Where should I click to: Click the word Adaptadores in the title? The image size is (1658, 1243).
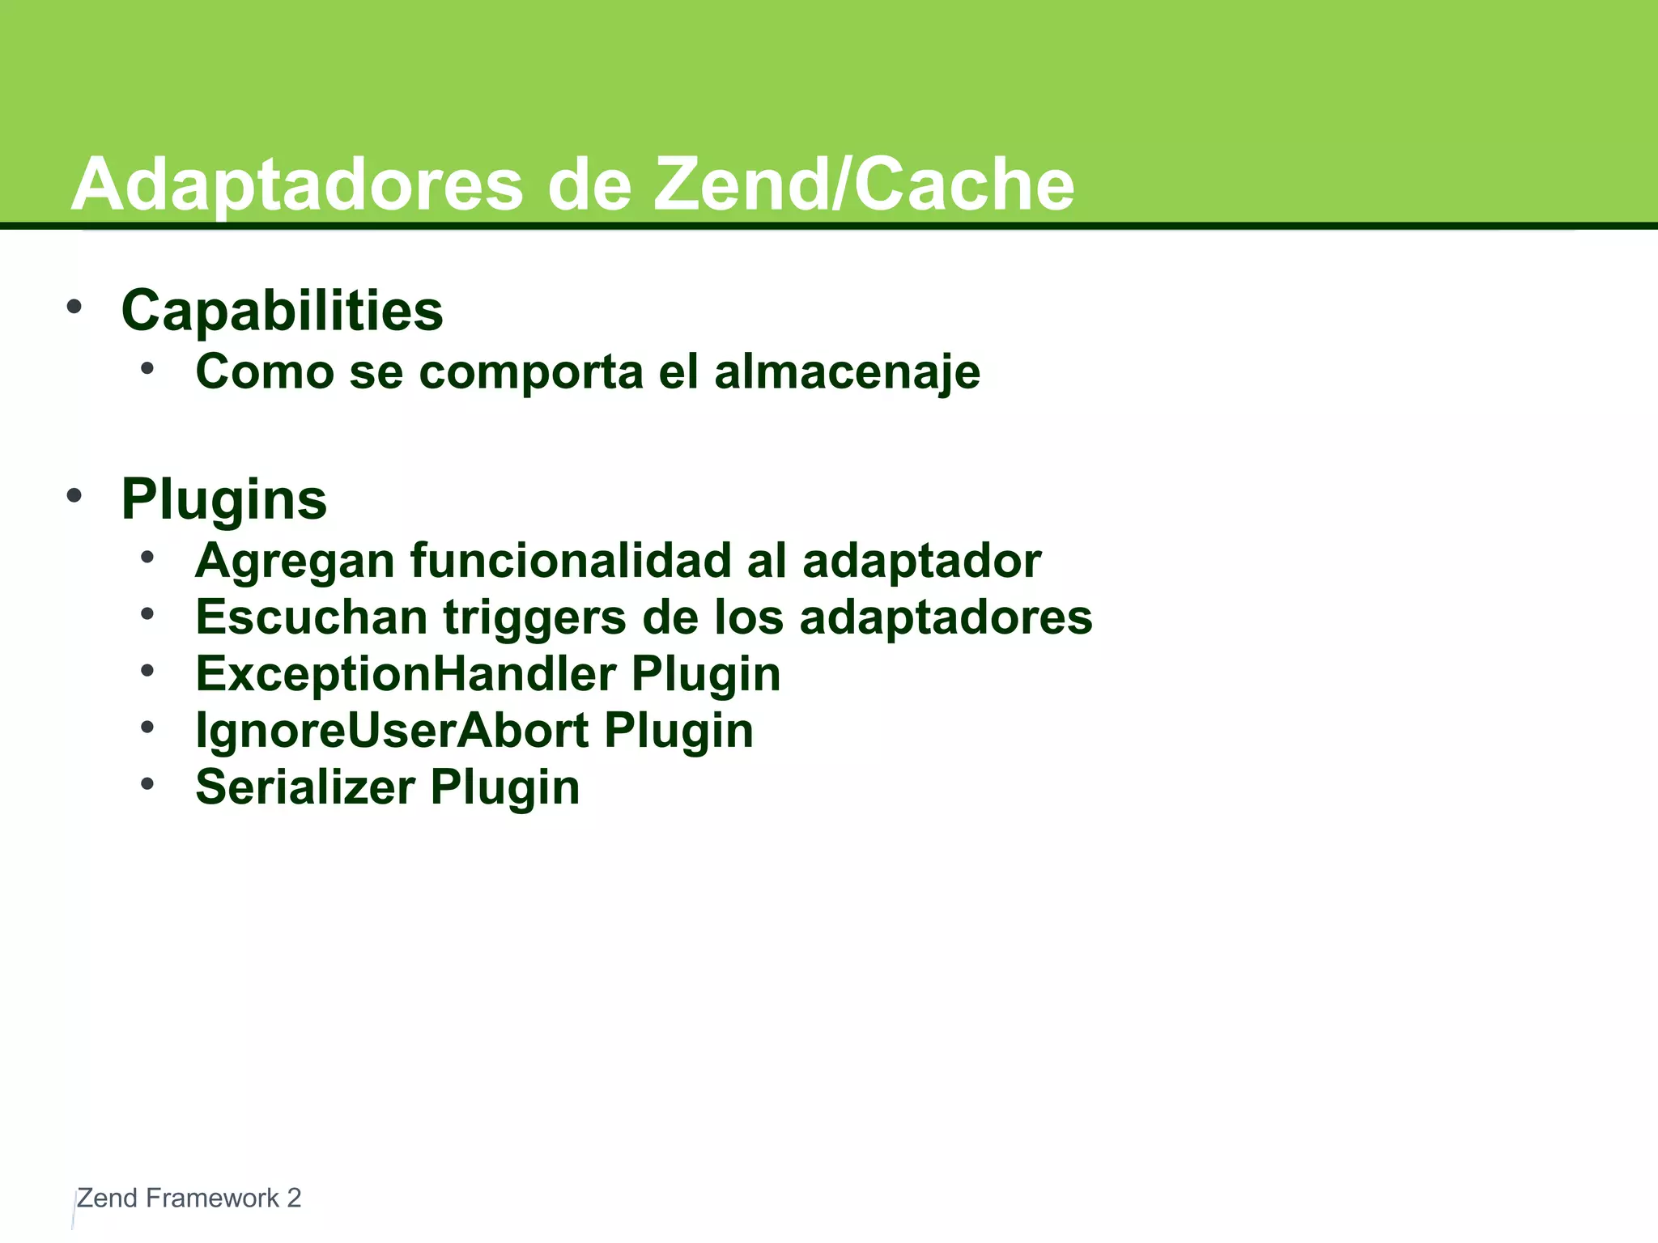pos(297,185)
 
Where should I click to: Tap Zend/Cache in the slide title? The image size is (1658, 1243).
pos(864,185)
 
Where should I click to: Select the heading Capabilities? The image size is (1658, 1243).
pos(282,311)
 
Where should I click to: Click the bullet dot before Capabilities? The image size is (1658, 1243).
pos(74,307)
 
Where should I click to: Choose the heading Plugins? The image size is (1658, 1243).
pos(223,499)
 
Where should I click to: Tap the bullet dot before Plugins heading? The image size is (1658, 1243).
pos(74,495)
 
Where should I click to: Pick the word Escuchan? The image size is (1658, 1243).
pos(312,617)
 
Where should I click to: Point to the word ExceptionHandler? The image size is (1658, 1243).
pos(406,674)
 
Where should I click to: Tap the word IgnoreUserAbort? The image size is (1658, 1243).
pos(392,731)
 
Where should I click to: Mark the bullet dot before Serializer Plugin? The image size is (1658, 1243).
pos(147,783)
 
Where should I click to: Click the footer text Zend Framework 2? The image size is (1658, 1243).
pos(189,1198)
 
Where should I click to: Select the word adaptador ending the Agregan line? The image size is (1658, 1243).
pos(921,561)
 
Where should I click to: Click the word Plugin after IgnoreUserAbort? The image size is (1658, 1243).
pos(678,731)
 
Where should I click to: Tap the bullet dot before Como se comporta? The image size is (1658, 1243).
pos(147,369)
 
